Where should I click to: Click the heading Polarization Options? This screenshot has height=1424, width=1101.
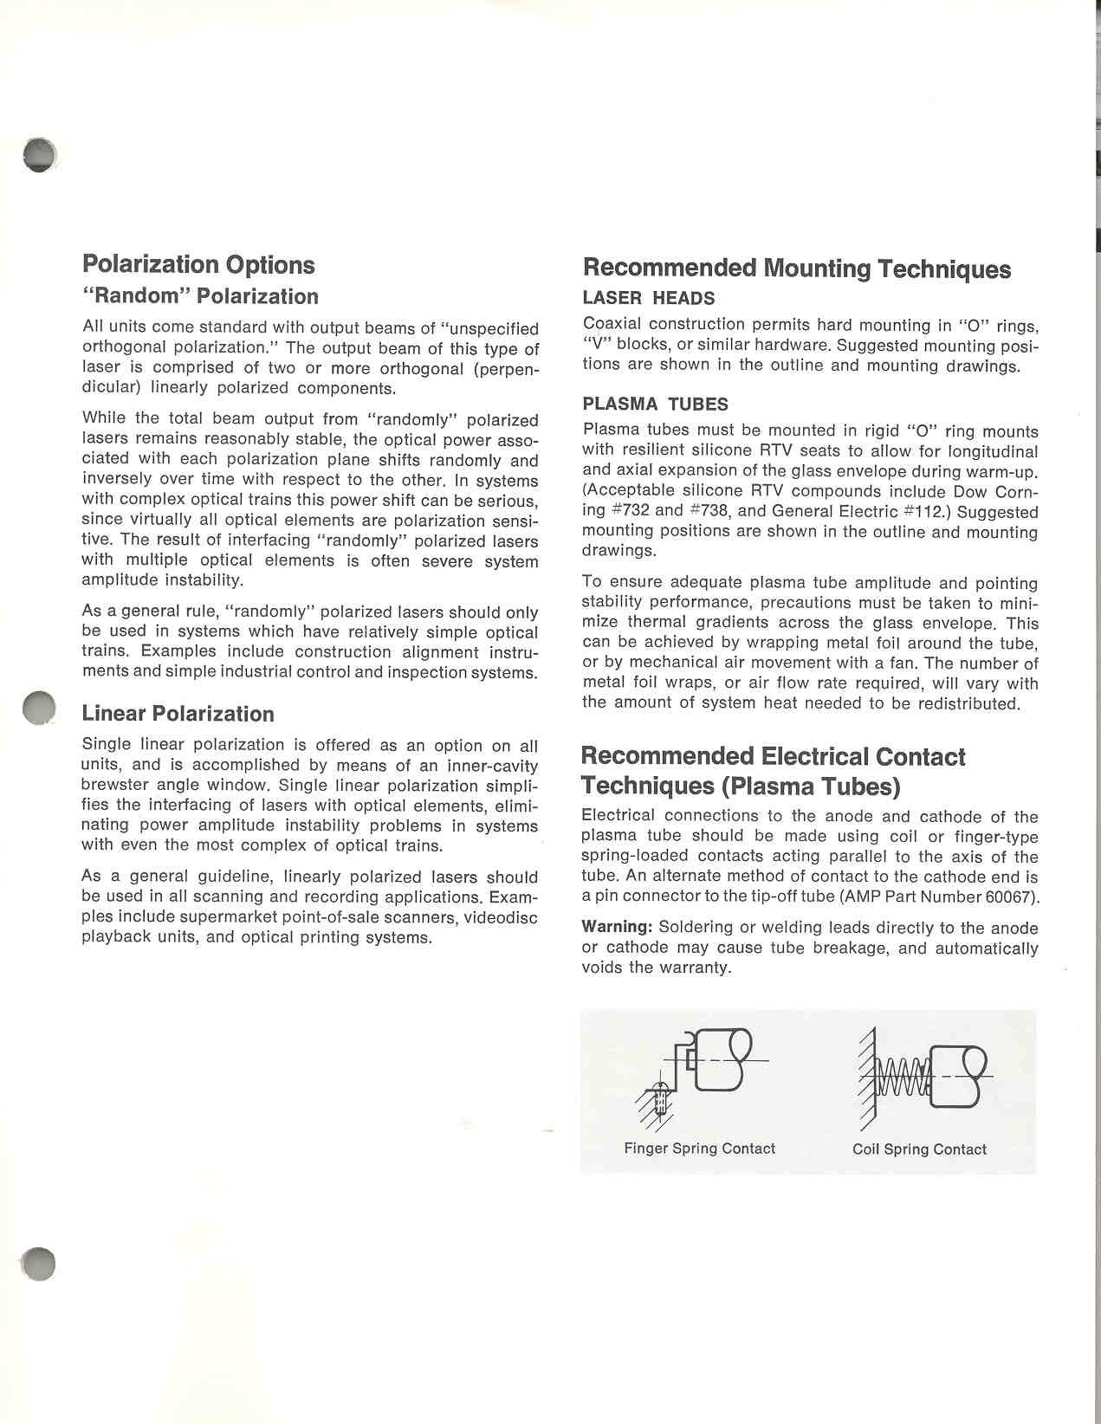pyautogui.click(x=198, y=264)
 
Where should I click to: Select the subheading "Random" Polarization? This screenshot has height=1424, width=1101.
pyautogui.click(x=200, y=296)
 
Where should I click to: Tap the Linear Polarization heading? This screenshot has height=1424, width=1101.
pyautogui.click(x=178, y=714)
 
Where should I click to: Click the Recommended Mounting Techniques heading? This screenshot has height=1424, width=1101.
pyautogui.click(x=796, y=269)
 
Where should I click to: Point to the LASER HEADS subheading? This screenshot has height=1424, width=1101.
pyautogui.click(x=648, y=299)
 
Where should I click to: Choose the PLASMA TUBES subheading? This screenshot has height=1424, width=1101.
pyautogui.click(x=655, y=405)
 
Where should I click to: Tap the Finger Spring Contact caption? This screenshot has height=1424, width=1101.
pyautogui.click(x=699, y=1149)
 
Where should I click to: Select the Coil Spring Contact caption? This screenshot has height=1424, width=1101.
pyautogui.click(x=919, y=1149)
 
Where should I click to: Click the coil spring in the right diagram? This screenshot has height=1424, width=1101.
pyautogui.click(x=900, y=1077)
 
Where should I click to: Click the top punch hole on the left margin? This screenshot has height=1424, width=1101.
pyautogui.click(x=40, y=155)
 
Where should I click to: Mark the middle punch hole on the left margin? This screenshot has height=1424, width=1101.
pyautogui.click(x=39, y=708)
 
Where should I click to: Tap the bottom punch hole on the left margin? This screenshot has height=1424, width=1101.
pyautogui.click(x=39, y=1265)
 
